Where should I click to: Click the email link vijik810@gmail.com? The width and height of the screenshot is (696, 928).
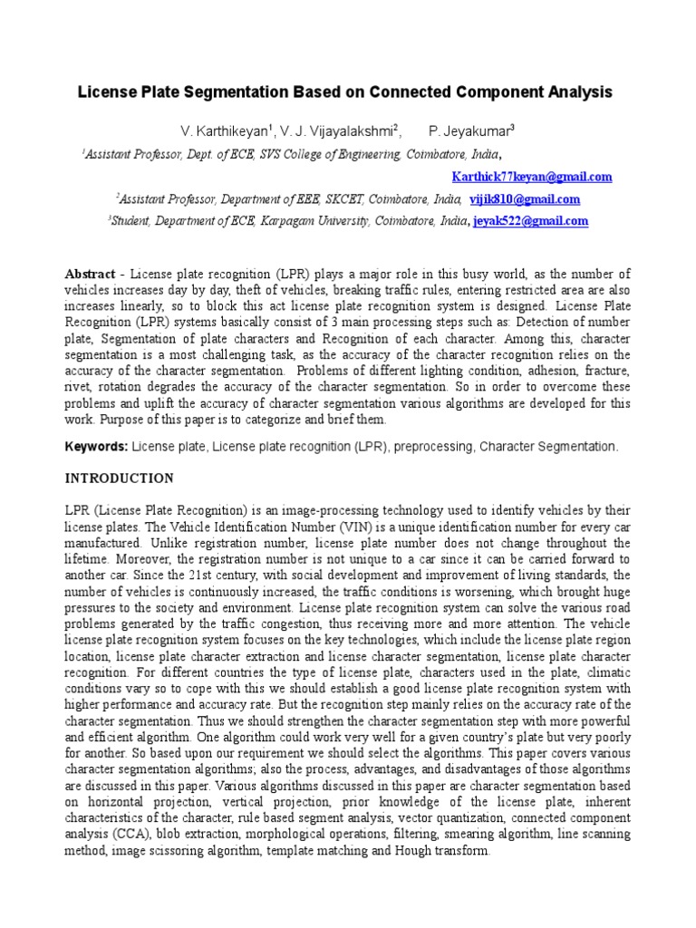coord(525,199)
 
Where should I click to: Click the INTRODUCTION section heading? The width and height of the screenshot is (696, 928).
coord(120,478)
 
